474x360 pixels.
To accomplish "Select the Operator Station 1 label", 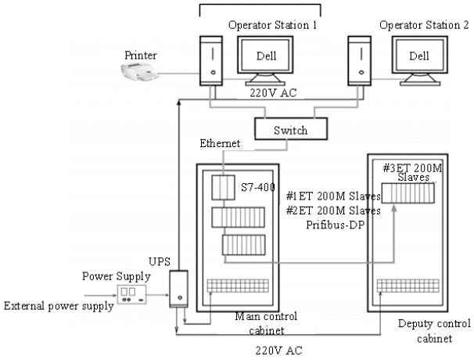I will (272, 26).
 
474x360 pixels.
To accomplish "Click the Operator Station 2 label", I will (423, 26).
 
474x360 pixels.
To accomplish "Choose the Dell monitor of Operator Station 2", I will (420, 58).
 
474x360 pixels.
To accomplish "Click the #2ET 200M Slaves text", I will (333, 210).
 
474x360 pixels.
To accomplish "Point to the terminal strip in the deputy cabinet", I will (412, 286).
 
